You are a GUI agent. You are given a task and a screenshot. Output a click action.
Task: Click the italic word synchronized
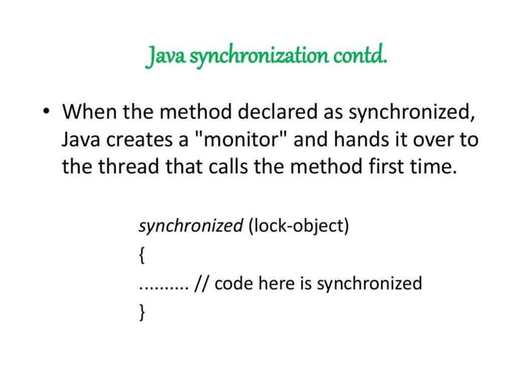191,226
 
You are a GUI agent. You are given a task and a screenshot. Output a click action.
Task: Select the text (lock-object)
299,226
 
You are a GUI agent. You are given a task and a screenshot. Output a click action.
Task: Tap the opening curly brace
143,255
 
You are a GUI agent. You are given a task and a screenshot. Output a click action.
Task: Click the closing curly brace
143,313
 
